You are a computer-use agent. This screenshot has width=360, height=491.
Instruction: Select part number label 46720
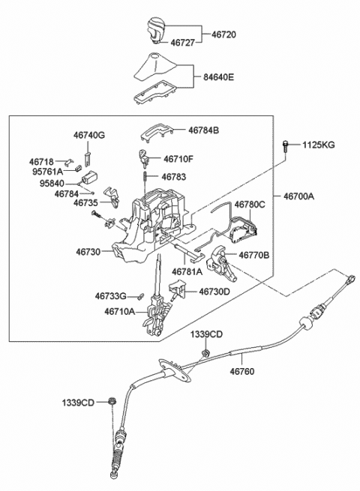[223, 34]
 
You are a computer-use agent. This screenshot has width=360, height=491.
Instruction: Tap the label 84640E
[218, 76]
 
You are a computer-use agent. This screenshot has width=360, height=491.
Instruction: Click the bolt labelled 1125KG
[285, 146]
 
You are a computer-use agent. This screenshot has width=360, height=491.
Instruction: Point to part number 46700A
[298, 196]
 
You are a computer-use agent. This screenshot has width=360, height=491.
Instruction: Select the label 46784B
[204, 130]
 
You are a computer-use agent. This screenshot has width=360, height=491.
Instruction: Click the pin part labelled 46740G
[88, 157]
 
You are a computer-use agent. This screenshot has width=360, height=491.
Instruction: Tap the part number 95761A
[47, 172]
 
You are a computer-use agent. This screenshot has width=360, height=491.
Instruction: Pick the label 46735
[85, 202]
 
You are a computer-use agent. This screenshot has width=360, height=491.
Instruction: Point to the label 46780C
[250, 205]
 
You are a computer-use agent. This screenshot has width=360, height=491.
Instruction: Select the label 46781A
[187, 272]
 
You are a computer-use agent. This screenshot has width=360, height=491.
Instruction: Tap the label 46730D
[214, 292]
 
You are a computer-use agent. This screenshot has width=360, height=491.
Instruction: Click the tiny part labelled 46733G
[141, 295]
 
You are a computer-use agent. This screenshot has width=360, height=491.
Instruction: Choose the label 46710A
[120, 311]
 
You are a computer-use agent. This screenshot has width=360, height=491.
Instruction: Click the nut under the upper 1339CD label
[205, 353]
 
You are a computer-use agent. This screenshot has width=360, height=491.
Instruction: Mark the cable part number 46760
[242, 371]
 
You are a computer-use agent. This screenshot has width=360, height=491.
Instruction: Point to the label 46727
[183, 42]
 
